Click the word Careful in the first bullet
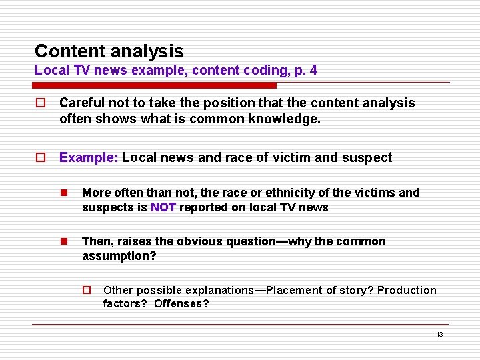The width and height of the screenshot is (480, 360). click(x=81, y=103)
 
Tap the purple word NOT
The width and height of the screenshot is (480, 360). click(x=163, y=207)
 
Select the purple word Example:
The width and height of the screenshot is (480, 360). click(x=89, y=157)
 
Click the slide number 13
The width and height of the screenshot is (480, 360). click(x=439, y=335)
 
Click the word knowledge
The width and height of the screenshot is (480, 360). click(x=289, y=120)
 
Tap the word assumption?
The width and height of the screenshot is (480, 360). click(x=119, y=256)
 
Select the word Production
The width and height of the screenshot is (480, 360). click(x=407, y=290)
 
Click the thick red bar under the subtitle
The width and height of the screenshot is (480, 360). click(x=154, y=85)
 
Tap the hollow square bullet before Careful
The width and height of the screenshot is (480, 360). click(x=41, y=103)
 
